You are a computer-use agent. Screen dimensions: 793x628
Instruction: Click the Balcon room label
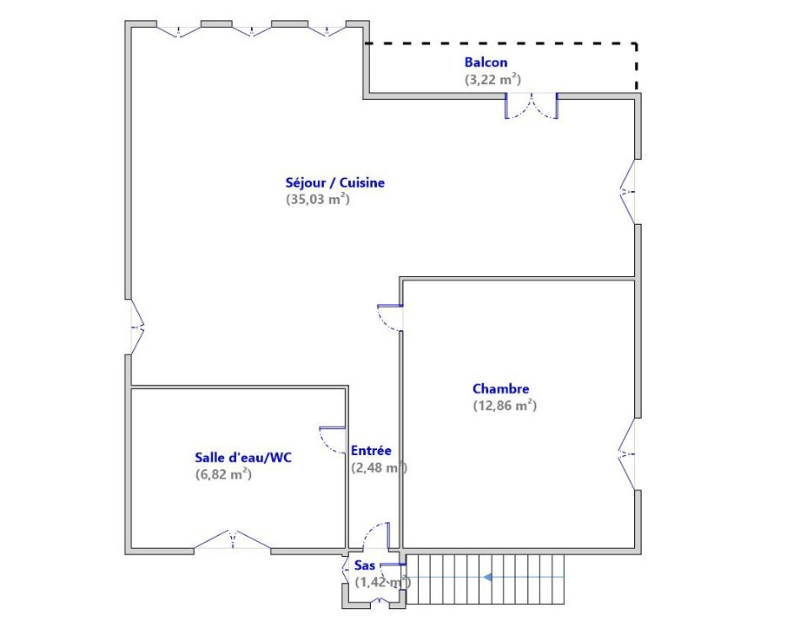tap(486, 63)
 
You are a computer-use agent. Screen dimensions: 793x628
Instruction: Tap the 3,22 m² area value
tap(492, 79)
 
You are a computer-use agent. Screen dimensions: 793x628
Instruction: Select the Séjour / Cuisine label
tap(334, 182)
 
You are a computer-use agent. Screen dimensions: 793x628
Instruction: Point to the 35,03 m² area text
tap(318, 199)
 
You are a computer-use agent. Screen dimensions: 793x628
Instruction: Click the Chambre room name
tap(500, 389)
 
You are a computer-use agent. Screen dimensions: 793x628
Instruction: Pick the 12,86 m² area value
tap(505, 405)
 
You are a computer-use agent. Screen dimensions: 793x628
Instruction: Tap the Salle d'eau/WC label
tap(243, 458)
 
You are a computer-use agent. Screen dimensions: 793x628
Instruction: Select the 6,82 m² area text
tap(223, 474)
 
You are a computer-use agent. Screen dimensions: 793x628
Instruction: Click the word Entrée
tap(371, 451)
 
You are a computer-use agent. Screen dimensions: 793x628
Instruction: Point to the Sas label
tap(364, 565)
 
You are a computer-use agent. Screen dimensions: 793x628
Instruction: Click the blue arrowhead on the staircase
tap(488, 577)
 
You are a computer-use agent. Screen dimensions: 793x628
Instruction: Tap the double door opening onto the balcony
tap(532, 106)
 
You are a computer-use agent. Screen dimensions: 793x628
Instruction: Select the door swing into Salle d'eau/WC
tap(333, 440)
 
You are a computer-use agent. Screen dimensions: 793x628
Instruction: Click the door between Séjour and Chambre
tap(391, 318)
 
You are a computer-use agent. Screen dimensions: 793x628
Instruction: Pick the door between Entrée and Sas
tap(377, 537)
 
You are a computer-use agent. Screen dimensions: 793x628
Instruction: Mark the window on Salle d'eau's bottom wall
tap(232, 540)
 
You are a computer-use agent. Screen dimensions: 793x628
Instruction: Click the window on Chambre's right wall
tap(627, 454)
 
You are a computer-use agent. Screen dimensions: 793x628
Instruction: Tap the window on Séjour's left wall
tap(137, 327)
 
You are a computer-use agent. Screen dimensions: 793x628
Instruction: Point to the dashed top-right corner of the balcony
tap(636, 44)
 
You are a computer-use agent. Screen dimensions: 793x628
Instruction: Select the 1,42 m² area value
tap(382, 582)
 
